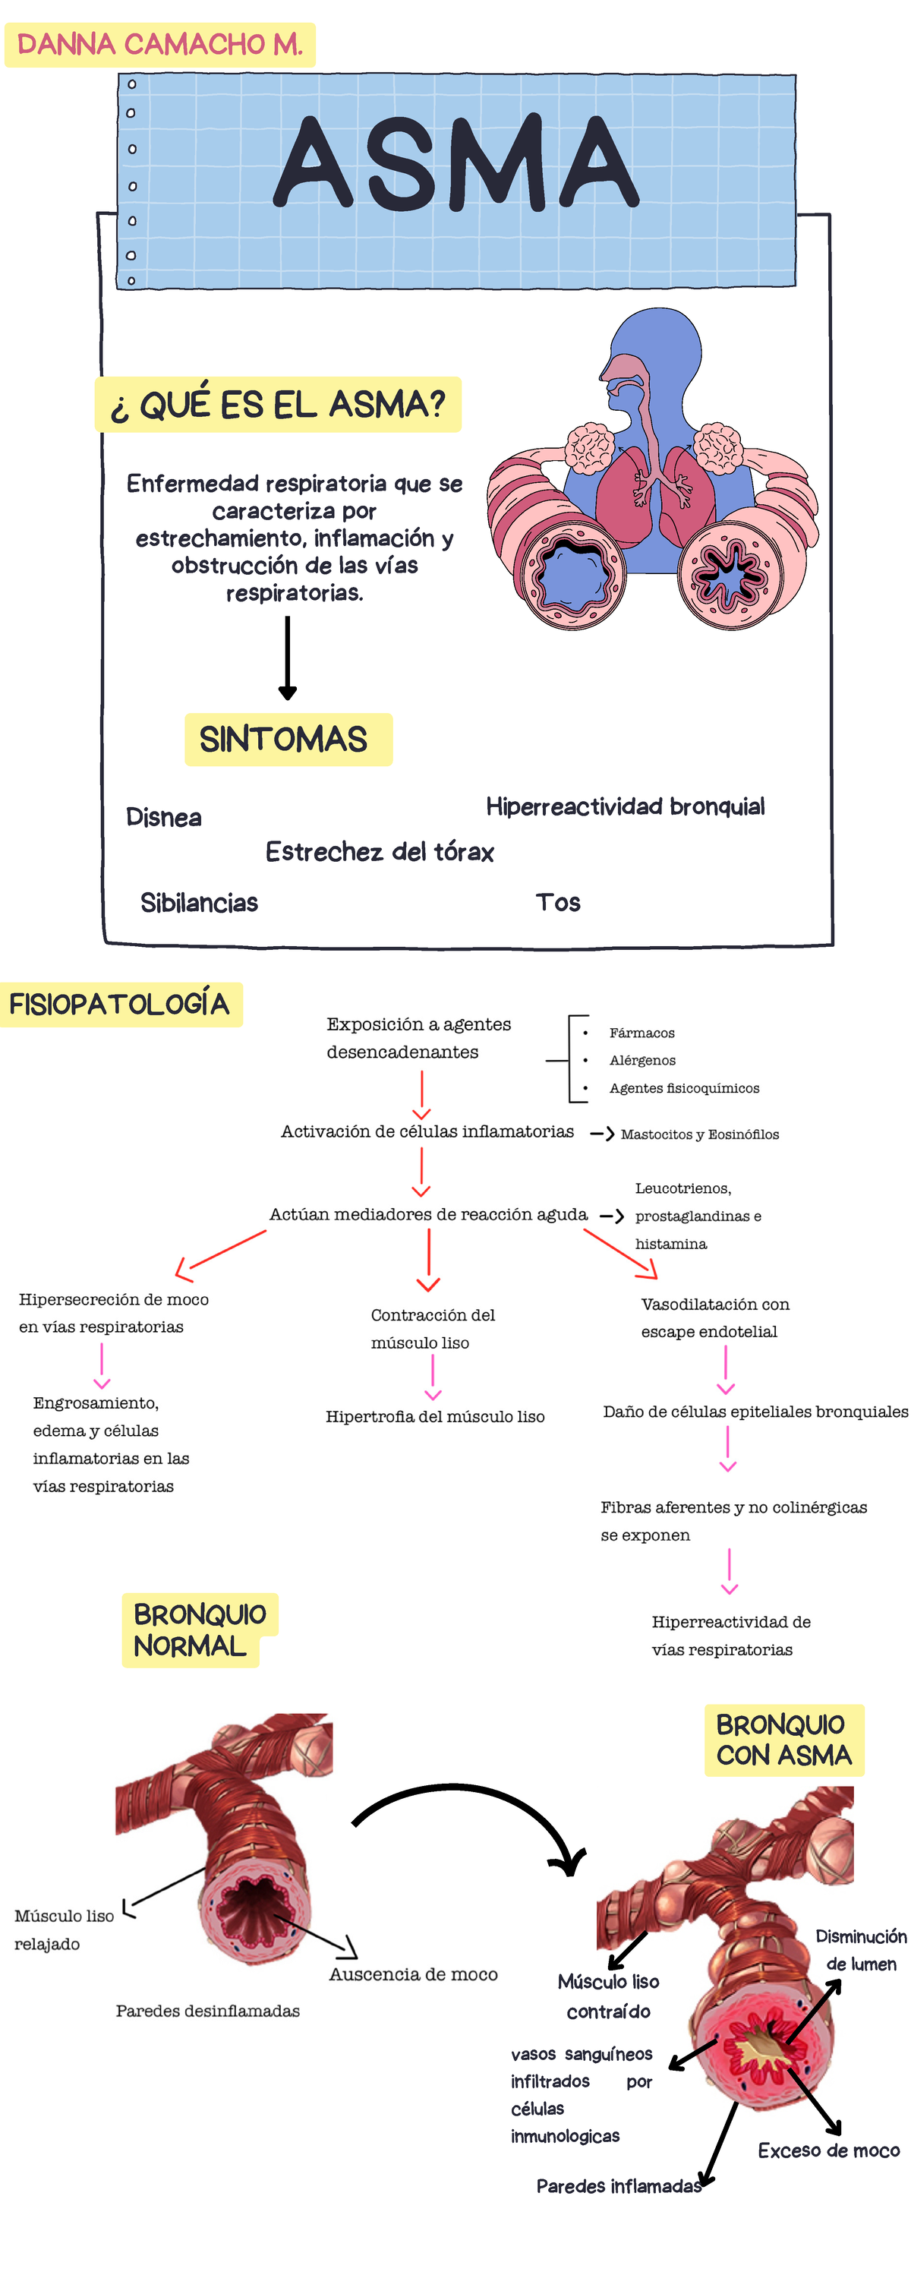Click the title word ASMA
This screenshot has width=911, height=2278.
point(455,163)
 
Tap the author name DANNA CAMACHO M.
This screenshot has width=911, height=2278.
point(160,44)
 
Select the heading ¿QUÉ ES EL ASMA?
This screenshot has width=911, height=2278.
point(278,405)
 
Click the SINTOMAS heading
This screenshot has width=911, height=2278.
point(284,740)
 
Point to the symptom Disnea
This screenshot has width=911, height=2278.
point(164,817)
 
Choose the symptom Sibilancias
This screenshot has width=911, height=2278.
point(199,903)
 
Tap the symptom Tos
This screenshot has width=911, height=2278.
point(558,903)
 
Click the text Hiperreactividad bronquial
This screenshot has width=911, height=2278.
point(626,806)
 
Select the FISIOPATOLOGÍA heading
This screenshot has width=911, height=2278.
point(119,1005)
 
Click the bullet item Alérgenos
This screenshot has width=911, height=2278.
point(642,1060)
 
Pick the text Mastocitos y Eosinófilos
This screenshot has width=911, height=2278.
point(700,1134)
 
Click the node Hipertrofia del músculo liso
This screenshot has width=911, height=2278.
point(435,1417)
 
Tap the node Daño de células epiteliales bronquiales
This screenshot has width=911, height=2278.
point(755,1412)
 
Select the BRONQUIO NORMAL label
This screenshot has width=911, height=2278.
point(199,1630)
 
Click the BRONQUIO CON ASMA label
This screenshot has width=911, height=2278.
point(783,1740)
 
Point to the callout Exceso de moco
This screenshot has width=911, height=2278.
point(829,2150)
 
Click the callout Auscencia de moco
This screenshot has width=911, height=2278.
point(413,1974)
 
